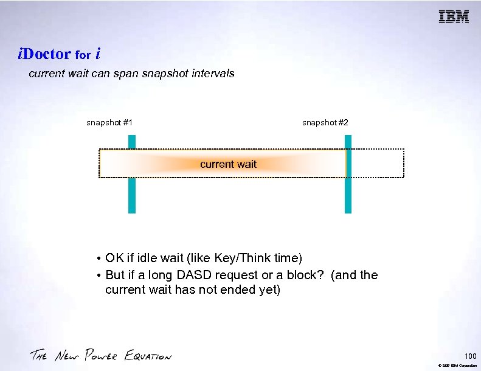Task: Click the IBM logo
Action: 454,17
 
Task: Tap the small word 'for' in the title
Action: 83,55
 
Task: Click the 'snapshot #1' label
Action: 109,123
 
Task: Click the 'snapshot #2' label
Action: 325,123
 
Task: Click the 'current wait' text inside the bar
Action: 228,164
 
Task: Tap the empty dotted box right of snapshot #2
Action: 377,163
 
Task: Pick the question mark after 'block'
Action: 322,275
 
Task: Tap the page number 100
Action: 469,355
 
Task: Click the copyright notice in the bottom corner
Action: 455,365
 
